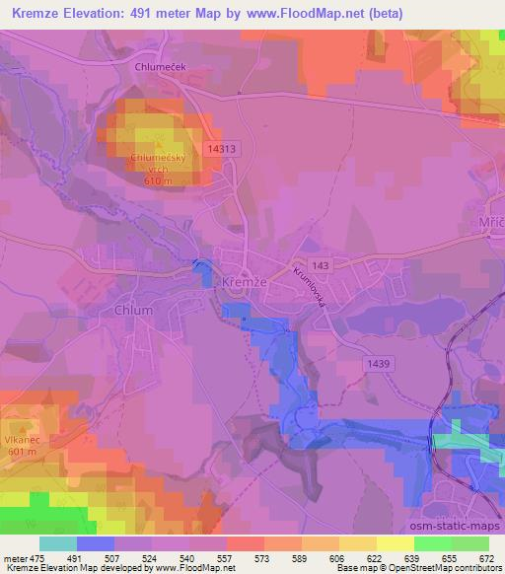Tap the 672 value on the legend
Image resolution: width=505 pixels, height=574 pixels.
point(487,557)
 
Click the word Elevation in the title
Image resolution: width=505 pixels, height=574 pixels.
point(102,12)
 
